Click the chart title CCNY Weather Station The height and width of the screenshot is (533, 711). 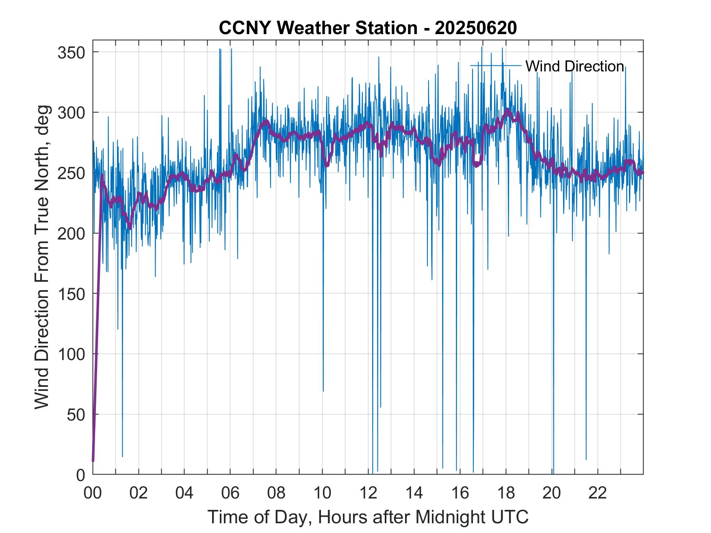(368, 28)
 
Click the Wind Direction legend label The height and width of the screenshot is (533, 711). (574, 66)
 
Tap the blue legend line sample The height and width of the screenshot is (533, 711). (496, 65)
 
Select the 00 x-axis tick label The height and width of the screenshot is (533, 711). (93, 493)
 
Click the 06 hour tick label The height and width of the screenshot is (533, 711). (230, 493)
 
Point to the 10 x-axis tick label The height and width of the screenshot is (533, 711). (322, 493)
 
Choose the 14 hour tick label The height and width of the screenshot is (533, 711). (414, 493)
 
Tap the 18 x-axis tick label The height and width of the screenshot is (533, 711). (506, 493)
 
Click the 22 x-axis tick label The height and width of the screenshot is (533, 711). (598, 493)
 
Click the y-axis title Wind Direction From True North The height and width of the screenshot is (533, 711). (42, 257)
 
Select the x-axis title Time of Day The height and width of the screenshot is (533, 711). (368, 517)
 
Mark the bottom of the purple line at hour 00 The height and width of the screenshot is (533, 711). (93, 461)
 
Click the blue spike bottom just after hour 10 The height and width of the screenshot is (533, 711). (323, 391)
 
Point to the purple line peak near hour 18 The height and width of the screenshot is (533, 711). (507, 110)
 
